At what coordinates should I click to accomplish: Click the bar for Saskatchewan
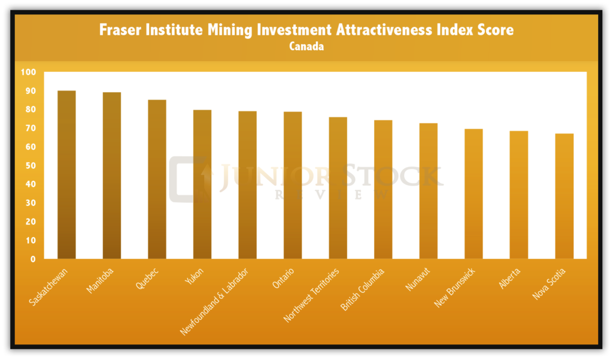[66, 175]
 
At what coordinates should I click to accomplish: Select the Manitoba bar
[111, 176]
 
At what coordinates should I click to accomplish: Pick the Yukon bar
[202, 184]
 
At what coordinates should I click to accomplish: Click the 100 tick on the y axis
[28, 72]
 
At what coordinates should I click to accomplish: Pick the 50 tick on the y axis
[30, 166]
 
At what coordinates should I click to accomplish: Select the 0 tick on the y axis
[33, 259]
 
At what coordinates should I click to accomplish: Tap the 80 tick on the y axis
[30, 110]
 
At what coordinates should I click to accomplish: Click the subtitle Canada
[306, 47]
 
